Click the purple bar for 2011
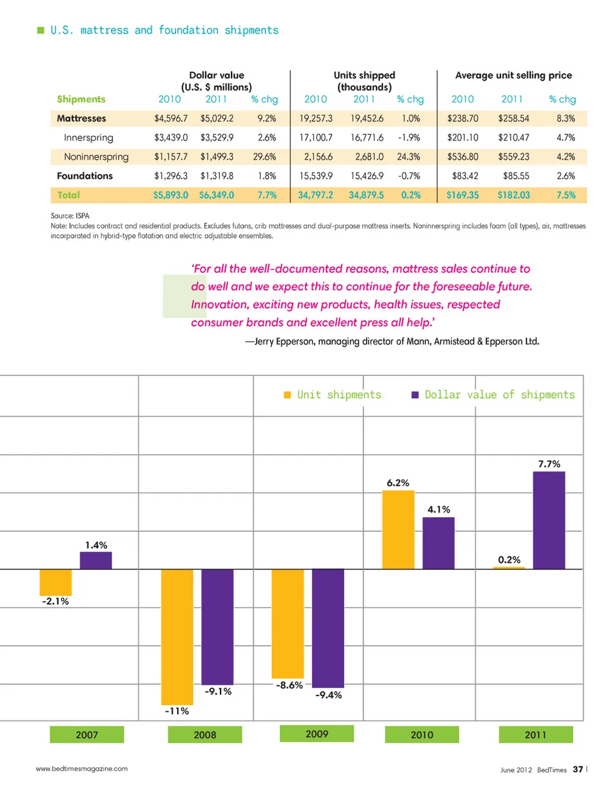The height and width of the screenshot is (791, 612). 549,520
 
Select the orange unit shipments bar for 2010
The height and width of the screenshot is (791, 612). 398,529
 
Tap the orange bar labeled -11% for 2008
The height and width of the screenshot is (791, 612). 177,636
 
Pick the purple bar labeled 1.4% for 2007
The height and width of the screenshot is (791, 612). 96,560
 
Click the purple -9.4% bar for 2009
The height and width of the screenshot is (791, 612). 328,628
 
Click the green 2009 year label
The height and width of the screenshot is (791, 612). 317,734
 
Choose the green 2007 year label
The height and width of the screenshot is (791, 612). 87,735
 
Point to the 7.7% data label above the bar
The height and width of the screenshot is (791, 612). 549,464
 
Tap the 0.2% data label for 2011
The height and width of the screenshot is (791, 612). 509,560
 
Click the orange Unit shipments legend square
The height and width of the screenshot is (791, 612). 288,395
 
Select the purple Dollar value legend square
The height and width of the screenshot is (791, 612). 415,395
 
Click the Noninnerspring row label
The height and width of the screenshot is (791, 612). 96,157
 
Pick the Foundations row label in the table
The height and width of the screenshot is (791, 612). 85,176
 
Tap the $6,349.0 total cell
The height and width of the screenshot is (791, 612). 216,195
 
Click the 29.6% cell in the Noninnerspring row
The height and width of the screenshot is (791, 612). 265,157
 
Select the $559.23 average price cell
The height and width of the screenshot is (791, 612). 514,157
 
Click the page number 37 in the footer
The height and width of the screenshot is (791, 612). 578,769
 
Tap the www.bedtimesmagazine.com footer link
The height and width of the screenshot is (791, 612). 82,769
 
